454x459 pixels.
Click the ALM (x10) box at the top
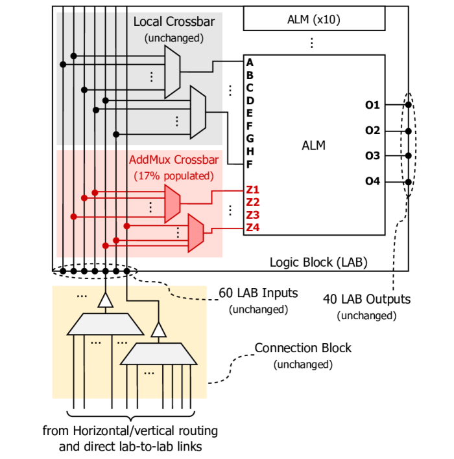(x=313, y=19)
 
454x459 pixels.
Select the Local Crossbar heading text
(x=173, y=22)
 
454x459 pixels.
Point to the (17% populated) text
(x=173, y=175)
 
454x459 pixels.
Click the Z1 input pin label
(x=252, y=190)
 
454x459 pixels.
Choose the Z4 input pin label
(x=252, y=227)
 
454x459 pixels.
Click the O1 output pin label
(x=372, y=105)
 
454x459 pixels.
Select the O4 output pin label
(x=372, y=181)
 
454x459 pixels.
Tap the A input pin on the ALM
(x=250, y=63)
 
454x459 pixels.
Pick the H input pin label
(x=250, y=151)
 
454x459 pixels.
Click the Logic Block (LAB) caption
(x=318, y=262)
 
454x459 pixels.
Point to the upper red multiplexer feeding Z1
(x=172, y=202)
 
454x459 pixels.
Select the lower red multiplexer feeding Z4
(x=195, y=233)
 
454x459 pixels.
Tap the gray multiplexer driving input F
(x=198, y=112)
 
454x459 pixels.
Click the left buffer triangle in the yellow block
(x=105, y=300)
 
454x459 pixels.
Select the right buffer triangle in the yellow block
(x=158, y=330)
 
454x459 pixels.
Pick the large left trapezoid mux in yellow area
(x=105, y=324)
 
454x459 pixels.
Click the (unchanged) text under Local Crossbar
(x=173, y=38)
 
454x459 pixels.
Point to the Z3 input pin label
(x=252, y=215)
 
